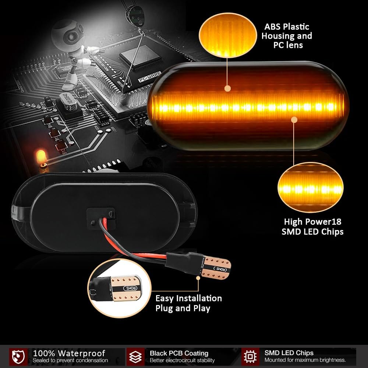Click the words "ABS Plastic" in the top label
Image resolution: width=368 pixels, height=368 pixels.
tap(287, 26)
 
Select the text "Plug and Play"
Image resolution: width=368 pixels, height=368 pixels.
tap(183, 308)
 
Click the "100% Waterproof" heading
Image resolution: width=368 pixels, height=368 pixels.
tap(69, 354)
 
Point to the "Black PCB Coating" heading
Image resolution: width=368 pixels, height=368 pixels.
tap(179, 353)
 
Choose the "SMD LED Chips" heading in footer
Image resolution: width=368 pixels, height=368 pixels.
tap(289, 353)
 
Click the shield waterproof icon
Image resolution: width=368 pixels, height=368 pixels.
tap(19, 356)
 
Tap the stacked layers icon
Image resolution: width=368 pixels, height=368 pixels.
tap(136, 356)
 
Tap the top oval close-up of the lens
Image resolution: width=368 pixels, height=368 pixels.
tap(227, 35)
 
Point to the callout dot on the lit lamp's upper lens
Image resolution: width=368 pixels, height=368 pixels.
tap(227, 88)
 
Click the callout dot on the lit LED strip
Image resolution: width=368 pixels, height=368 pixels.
tap(294, 119)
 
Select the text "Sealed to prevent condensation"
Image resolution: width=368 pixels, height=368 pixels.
tap(70, 361)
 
